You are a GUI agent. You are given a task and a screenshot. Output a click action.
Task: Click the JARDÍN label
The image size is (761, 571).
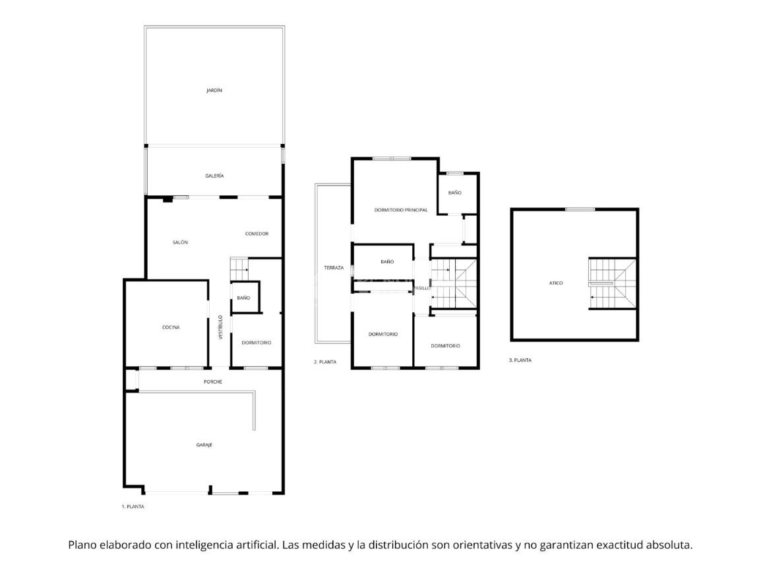(214, 90)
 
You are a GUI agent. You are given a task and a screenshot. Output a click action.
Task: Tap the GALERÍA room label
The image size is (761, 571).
(214, 176)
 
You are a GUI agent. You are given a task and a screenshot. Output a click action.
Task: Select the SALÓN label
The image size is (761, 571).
(180, 242)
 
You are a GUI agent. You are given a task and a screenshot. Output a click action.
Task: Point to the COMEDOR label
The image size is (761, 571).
(257, 234)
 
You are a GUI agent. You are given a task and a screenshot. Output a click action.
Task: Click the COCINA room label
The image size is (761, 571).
(171, 327)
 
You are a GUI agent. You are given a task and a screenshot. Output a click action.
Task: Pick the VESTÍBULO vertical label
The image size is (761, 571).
(220, 327)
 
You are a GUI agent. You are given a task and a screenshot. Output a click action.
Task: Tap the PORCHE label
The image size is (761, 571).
(213, 382)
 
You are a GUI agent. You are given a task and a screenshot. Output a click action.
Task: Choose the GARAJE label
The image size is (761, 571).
(204, 445)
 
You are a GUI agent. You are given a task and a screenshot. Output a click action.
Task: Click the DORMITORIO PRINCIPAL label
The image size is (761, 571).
(401, 211)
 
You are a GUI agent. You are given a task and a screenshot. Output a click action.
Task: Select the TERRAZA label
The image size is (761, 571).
(334, 268)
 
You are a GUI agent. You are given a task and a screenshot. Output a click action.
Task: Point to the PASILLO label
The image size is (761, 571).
(422, 288)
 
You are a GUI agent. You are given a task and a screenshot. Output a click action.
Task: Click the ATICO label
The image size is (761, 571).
(556, 283)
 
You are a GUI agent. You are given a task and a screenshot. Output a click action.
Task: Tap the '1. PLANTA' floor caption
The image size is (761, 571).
(133, 506)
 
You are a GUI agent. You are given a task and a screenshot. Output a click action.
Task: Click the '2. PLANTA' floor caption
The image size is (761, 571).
(325, 362)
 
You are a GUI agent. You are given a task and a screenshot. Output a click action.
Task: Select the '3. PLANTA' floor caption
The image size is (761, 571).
(520, 360)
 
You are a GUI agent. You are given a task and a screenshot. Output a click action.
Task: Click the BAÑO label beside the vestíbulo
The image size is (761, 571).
(243, 298)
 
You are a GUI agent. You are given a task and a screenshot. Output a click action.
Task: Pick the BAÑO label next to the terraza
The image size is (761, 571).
(387, 262)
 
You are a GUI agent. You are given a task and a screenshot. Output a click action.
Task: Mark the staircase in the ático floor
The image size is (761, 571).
(613, 283)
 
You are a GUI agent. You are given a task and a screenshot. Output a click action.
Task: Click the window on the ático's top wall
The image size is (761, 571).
(580, 209)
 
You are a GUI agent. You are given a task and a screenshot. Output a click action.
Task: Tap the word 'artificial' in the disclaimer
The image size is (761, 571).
(257, 545)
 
